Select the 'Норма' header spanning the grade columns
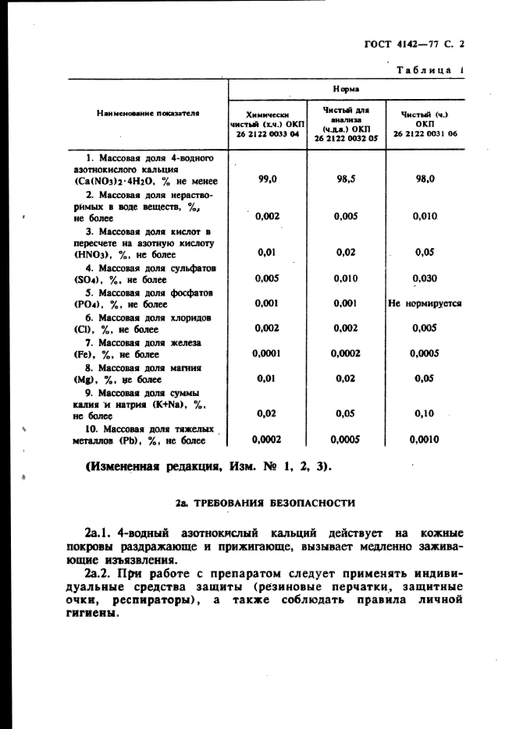(x=346, y=90)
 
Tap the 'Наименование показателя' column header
(x=148, y=113)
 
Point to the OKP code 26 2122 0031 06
(x=425, y=134)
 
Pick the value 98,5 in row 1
(x=346, y=179)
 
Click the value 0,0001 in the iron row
(x=268, y=353)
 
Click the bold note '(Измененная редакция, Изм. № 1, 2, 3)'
(x=207, y=466)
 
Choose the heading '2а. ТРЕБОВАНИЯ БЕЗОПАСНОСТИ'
(x=265, y=503)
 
